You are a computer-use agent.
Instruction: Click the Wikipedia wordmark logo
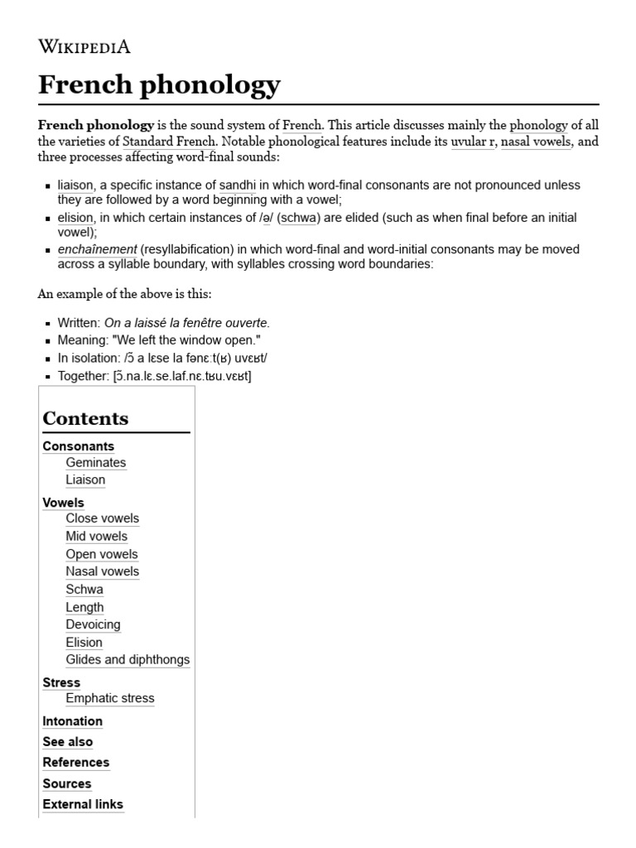pyautogui.click(x=84, y=46)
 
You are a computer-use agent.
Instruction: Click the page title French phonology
pyautogui.click(x=160, y=84)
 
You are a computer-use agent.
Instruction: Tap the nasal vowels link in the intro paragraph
pyautogui.click(x=535, y=142)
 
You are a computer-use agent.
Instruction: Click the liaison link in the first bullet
pyautogui.click(x=75, y=185)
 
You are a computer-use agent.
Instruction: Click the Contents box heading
pyautogui.click(x=85, y=418)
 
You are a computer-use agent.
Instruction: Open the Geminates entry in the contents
pyautogui.click(x=96, y=462)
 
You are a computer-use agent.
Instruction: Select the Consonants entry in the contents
pyautogui.click(x=79, y=446)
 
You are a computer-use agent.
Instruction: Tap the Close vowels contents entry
pyautogui.click(x=103, y=518)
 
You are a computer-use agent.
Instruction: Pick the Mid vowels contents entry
pyautogui.click(x=97, y=536)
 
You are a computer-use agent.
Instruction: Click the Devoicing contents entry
pyautogui.click(x=93, y=624)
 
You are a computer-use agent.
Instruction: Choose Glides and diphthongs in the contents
pyautogui.click(x=128, y=660)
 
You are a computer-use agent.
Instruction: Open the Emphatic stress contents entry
pyautogui.click(x=110, y=698)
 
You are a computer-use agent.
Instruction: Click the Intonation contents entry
pyautogui.click(x=73, y=721)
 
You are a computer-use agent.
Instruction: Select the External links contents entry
pyautogui.click(x=83, y=804)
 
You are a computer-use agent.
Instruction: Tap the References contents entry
pyautogui.click(x=76, y=762)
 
